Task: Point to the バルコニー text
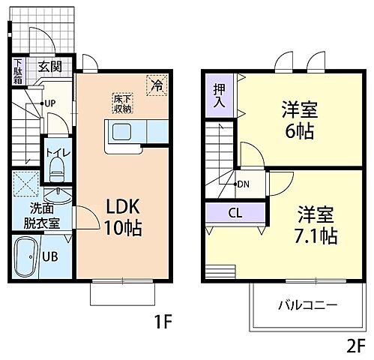[308, 306]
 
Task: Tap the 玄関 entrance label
[50, 65]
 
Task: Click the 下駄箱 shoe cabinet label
[18, 72]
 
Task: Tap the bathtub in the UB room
[27, 256]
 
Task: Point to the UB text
[50, 256]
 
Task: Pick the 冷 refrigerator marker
[157, 85]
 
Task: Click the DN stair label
[243, 184]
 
